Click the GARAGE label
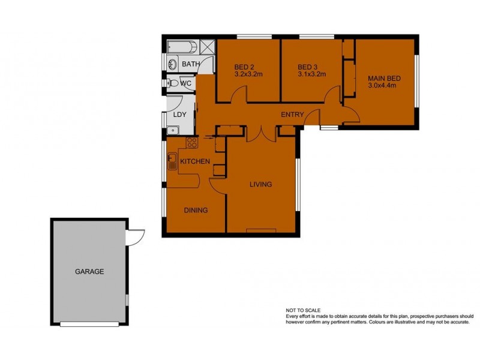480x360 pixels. coord(89,271)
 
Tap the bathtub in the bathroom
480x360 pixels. coord(183,47)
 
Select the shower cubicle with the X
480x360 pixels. coord(208,47)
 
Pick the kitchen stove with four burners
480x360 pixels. coord(192,142)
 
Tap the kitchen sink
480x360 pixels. coord(172,161)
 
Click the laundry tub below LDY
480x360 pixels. coord(172,128)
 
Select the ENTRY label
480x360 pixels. coord(293,115)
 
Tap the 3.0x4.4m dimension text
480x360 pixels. coord(382,85)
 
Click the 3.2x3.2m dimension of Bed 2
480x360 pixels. coord(248,74)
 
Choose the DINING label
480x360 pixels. coord(196,210)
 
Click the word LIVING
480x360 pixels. coord(261,184)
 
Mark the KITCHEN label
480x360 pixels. coord(195,161)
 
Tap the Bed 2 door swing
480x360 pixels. coord(239,95)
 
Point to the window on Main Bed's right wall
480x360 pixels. coord(416,81)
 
